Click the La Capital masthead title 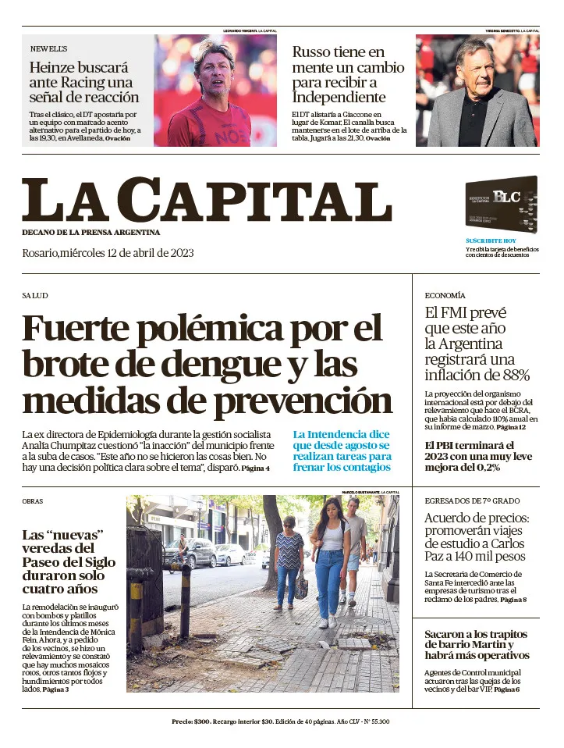207,201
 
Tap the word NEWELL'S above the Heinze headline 48,48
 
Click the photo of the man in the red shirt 215,91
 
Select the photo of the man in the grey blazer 477,91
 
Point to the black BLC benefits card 501,204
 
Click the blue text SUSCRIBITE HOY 491,240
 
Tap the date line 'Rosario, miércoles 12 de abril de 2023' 108,253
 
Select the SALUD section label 35,296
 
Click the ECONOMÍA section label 445,296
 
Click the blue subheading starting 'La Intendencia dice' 342,451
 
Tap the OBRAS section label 33,501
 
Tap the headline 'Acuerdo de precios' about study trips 476,537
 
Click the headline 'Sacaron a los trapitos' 477,644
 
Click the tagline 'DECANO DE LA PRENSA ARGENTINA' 90,233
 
